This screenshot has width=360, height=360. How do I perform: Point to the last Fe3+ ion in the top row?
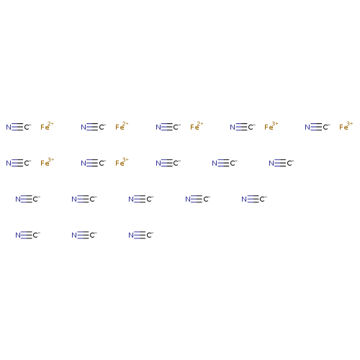coord(346,126)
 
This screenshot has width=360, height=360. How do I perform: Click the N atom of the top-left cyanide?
coord(9,127)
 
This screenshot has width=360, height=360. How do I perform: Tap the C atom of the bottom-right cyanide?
coord(149,235)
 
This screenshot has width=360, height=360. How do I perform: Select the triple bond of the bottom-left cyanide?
coord(27,235)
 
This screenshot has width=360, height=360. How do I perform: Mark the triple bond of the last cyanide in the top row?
coord(316,127)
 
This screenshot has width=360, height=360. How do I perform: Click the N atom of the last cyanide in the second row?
coord(271,163)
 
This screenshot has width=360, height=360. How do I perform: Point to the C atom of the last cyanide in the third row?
coord(262,199)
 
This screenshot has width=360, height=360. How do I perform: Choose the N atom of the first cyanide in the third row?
coord(18,199)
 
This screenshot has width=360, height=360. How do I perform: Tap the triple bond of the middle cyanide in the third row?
coord(140,199)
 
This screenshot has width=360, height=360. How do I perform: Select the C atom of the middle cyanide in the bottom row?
coord(92,235)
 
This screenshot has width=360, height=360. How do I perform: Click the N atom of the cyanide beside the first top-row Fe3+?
coord(233,127)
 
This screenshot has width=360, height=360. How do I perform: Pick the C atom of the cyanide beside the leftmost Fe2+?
coord(27,127)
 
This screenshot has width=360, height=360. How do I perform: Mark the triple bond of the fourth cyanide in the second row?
coord(224,163)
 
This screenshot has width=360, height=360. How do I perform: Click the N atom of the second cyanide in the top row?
coord(84,127)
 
